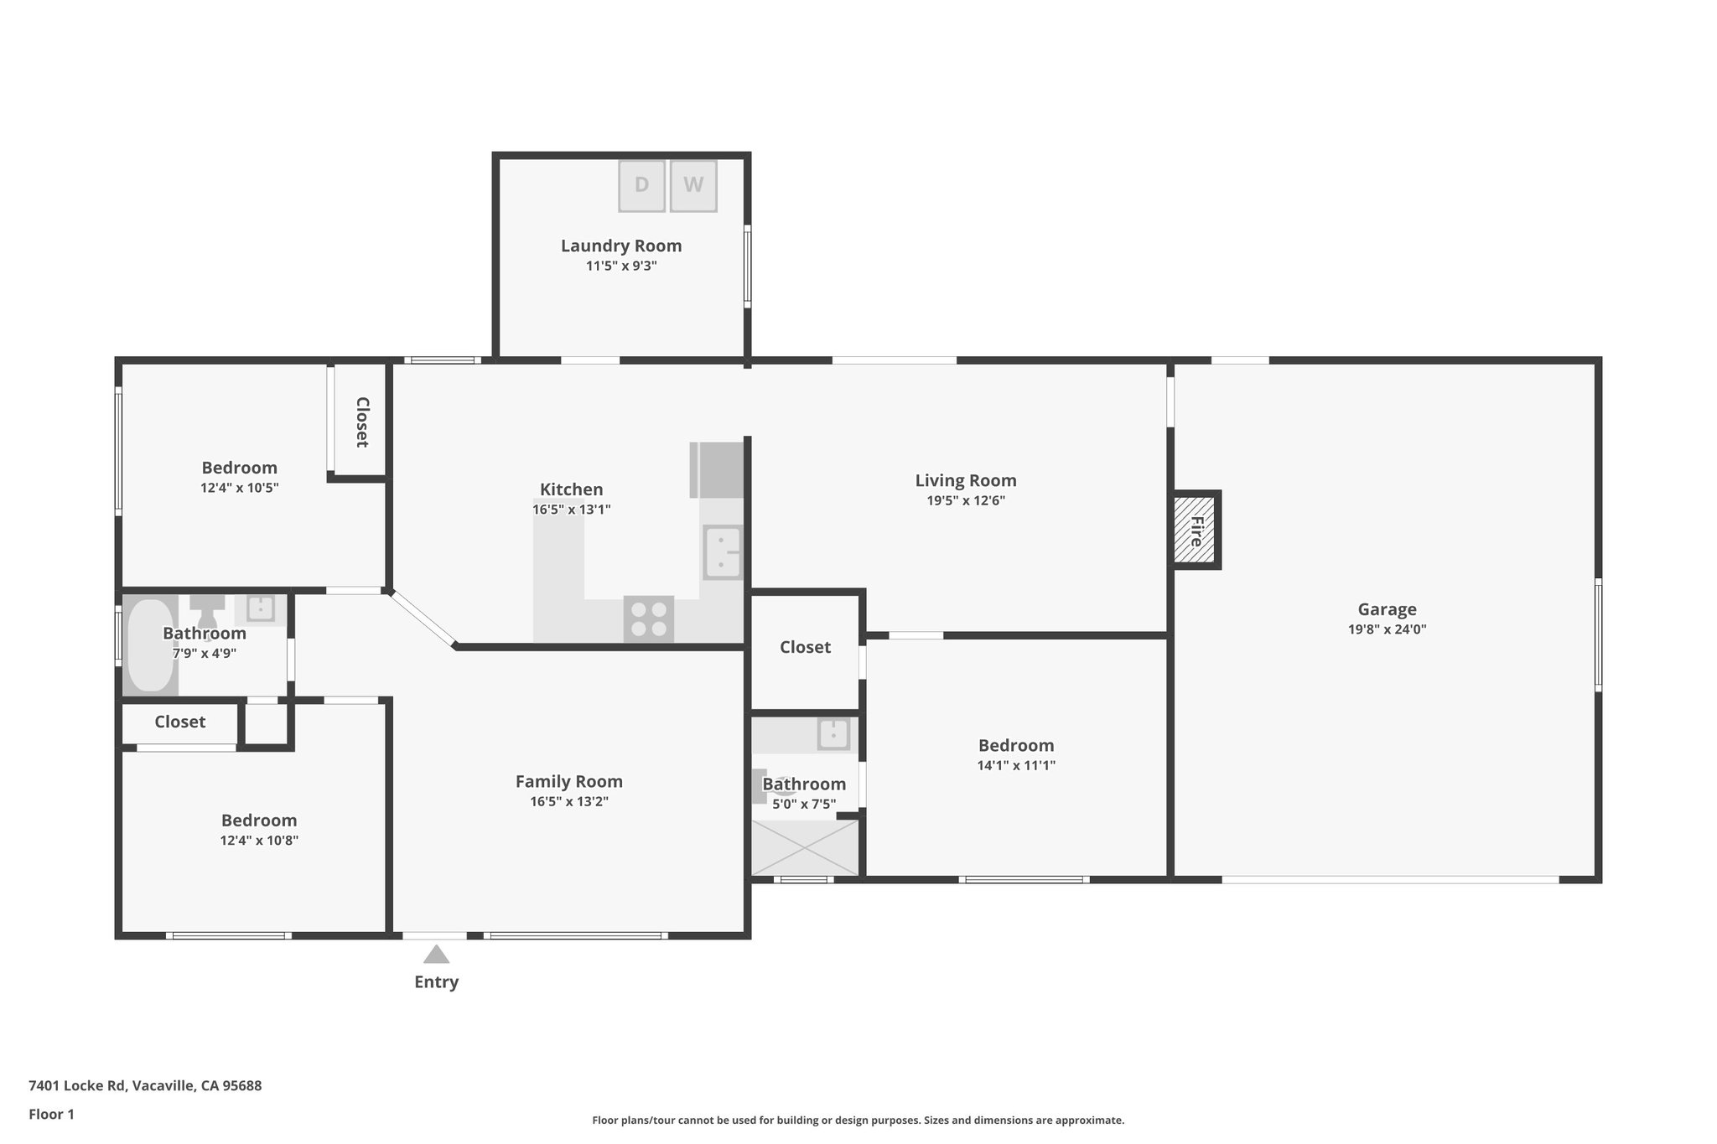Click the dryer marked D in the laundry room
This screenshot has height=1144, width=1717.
click(641, 185)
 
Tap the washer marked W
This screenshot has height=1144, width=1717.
click(693, 185)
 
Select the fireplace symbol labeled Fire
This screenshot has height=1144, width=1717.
click(1195, 531)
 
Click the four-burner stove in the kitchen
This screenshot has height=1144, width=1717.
click(648, 619)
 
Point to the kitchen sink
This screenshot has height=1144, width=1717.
click(723, 552)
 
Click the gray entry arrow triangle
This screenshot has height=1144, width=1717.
click(436, 955)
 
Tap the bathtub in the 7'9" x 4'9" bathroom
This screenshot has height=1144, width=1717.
click(150, 644)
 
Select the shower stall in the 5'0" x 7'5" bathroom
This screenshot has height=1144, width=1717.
click(805, 847)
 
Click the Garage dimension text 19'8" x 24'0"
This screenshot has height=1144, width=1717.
click(1387, 629)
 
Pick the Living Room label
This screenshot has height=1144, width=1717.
click(965, 480)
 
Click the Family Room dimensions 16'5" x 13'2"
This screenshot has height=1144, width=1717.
click(568, 801)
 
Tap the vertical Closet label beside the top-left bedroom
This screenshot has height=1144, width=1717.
click(362, 422)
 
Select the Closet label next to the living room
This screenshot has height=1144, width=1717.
click(805, 647)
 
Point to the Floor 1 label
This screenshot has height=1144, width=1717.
click(51, 1114)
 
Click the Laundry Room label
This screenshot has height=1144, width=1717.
click(620, 246)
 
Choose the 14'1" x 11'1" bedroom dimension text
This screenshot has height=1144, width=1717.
click(1016, 765)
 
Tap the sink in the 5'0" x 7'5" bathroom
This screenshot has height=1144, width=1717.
click(833, 734)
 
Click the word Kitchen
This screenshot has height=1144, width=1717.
click(571, 489)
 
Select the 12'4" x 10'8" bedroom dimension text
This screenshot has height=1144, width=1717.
click(259, 841)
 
